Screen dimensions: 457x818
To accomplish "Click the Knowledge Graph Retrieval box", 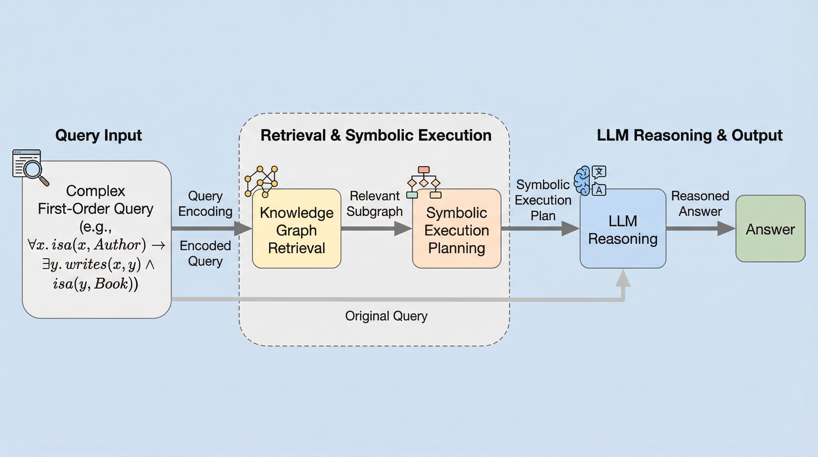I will tap(297, 229).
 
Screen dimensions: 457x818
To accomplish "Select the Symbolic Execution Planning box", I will tap(457, 229).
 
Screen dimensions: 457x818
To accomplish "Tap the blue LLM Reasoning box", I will tap(623, 229).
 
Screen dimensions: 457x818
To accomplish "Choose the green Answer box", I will tap(770, 229).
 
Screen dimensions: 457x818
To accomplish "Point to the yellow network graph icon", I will tap(261, 181).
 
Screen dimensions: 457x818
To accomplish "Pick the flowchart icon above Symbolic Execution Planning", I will tap(424, 182).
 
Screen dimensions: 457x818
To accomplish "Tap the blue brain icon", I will tap(582, 181).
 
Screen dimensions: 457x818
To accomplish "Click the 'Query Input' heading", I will tap(98, 135).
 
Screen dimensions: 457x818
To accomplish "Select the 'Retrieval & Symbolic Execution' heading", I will tap(376, 135).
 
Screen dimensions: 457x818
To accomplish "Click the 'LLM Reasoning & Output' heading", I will tap(690, 135).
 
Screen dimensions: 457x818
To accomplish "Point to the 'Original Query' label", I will tap(386, 316).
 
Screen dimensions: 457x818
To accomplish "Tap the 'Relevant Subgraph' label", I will tap(375, 204).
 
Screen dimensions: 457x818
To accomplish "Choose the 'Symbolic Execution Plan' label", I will tap(543, 200).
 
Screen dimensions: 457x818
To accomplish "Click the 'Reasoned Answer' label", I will tap(700, 204).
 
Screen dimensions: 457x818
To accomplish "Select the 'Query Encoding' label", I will tap(205, 204).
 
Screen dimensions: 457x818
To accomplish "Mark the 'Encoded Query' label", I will tap(205, 253).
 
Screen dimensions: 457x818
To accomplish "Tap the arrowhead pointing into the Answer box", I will tap(726, 228).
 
